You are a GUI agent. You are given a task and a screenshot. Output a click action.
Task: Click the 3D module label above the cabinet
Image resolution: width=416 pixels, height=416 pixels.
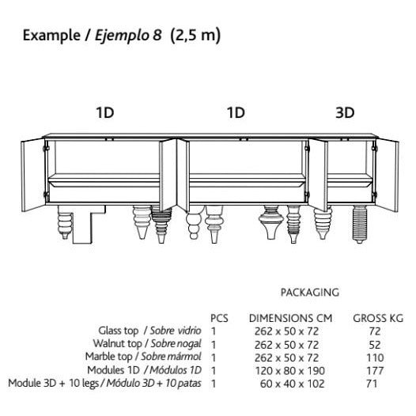pos(345,113)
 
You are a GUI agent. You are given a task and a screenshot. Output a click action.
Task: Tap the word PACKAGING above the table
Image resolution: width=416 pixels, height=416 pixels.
pos(310,293)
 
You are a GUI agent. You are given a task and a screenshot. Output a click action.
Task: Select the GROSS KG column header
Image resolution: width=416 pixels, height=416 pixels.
pos(378,318)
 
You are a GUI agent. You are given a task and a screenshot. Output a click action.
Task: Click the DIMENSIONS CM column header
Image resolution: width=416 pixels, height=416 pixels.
pos(290,318)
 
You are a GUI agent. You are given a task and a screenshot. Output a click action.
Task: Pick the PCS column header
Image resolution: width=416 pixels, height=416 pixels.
pos(219,318)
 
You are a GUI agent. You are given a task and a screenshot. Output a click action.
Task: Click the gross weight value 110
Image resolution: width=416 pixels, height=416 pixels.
pos(375,357)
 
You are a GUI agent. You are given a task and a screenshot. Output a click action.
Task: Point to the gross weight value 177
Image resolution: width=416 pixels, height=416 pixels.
pos(375,371)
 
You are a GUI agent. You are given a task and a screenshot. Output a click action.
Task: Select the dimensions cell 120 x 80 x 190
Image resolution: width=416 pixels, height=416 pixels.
pos(290,371)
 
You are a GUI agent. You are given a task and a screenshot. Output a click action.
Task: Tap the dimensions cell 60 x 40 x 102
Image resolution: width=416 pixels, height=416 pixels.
pos(292,384)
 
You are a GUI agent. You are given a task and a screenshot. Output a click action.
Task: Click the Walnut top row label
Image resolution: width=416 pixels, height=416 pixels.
pos(147,344)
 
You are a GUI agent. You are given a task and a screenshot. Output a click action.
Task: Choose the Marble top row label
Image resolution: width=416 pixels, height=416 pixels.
pos(143,357)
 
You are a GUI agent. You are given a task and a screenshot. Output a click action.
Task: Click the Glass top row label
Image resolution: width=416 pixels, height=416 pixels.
pos(150,331)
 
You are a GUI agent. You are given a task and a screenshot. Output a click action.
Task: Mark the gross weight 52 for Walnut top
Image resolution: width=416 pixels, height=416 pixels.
pos(375,345)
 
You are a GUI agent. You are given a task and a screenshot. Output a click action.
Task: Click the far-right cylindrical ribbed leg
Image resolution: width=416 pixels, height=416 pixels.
pos(360,224)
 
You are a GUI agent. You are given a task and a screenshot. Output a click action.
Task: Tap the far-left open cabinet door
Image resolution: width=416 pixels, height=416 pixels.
pos(33,175)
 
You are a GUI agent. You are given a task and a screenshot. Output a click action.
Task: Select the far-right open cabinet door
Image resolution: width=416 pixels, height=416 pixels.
pos(387,175)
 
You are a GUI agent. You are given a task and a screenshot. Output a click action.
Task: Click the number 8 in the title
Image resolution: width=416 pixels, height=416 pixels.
pos(157,35)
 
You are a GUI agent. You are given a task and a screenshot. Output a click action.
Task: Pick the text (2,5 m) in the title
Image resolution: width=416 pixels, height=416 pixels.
pos(195,36)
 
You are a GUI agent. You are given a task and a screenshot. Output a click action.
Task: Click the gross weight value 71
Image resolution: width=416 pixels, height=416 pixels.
pos(372,384)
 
